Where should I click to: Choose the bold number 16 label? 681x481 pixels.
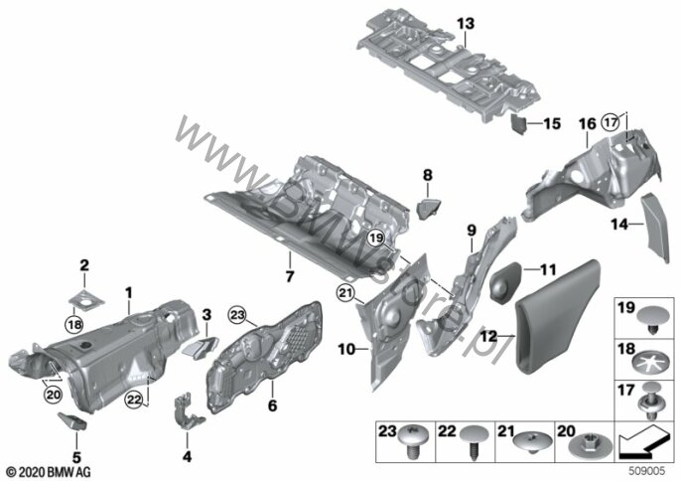tap(587, 124)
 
